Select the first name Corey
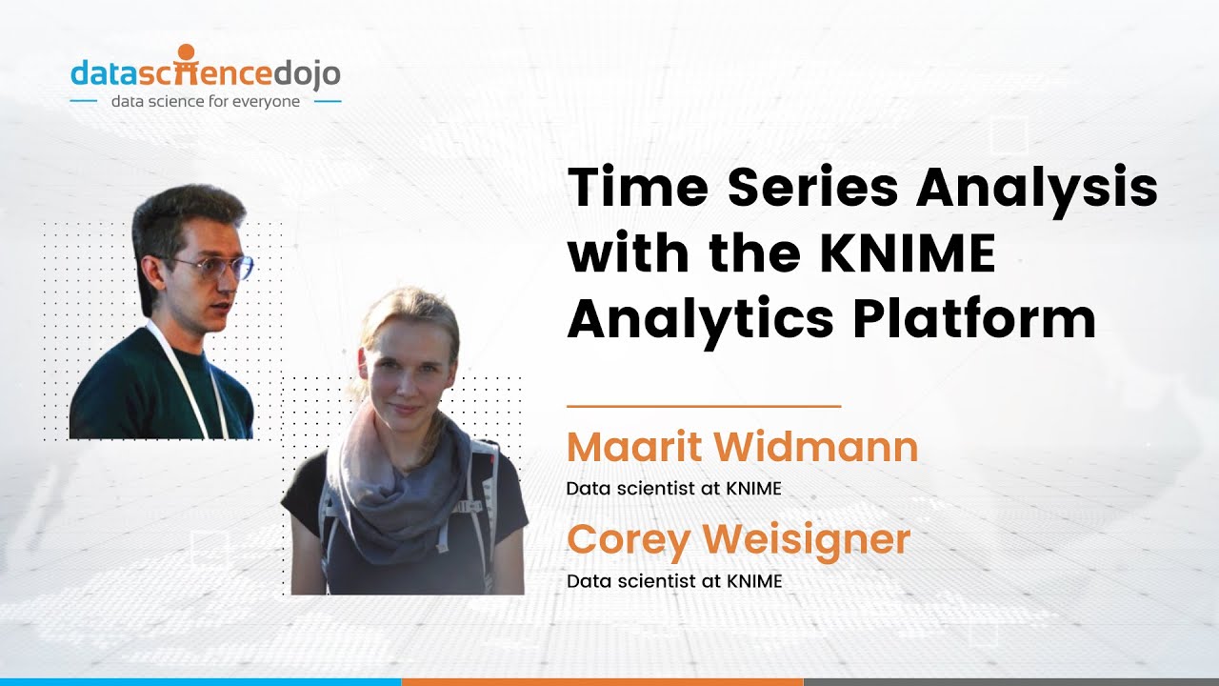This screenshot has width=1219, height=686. click(629, 540)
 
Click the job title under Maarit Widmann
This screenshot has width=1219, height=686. click(673, 489)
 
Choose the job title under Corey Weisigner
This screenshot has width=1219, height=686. click(673, 580)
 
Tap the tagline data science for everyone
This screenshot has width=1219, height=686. click(206, 101)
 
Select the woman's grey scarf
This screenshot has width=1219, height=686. click(400, 486)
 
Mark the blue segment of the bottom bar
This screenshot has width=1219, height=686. click(200, 681)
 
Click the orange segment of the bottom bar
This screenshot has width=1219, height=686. click(602, 681)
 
